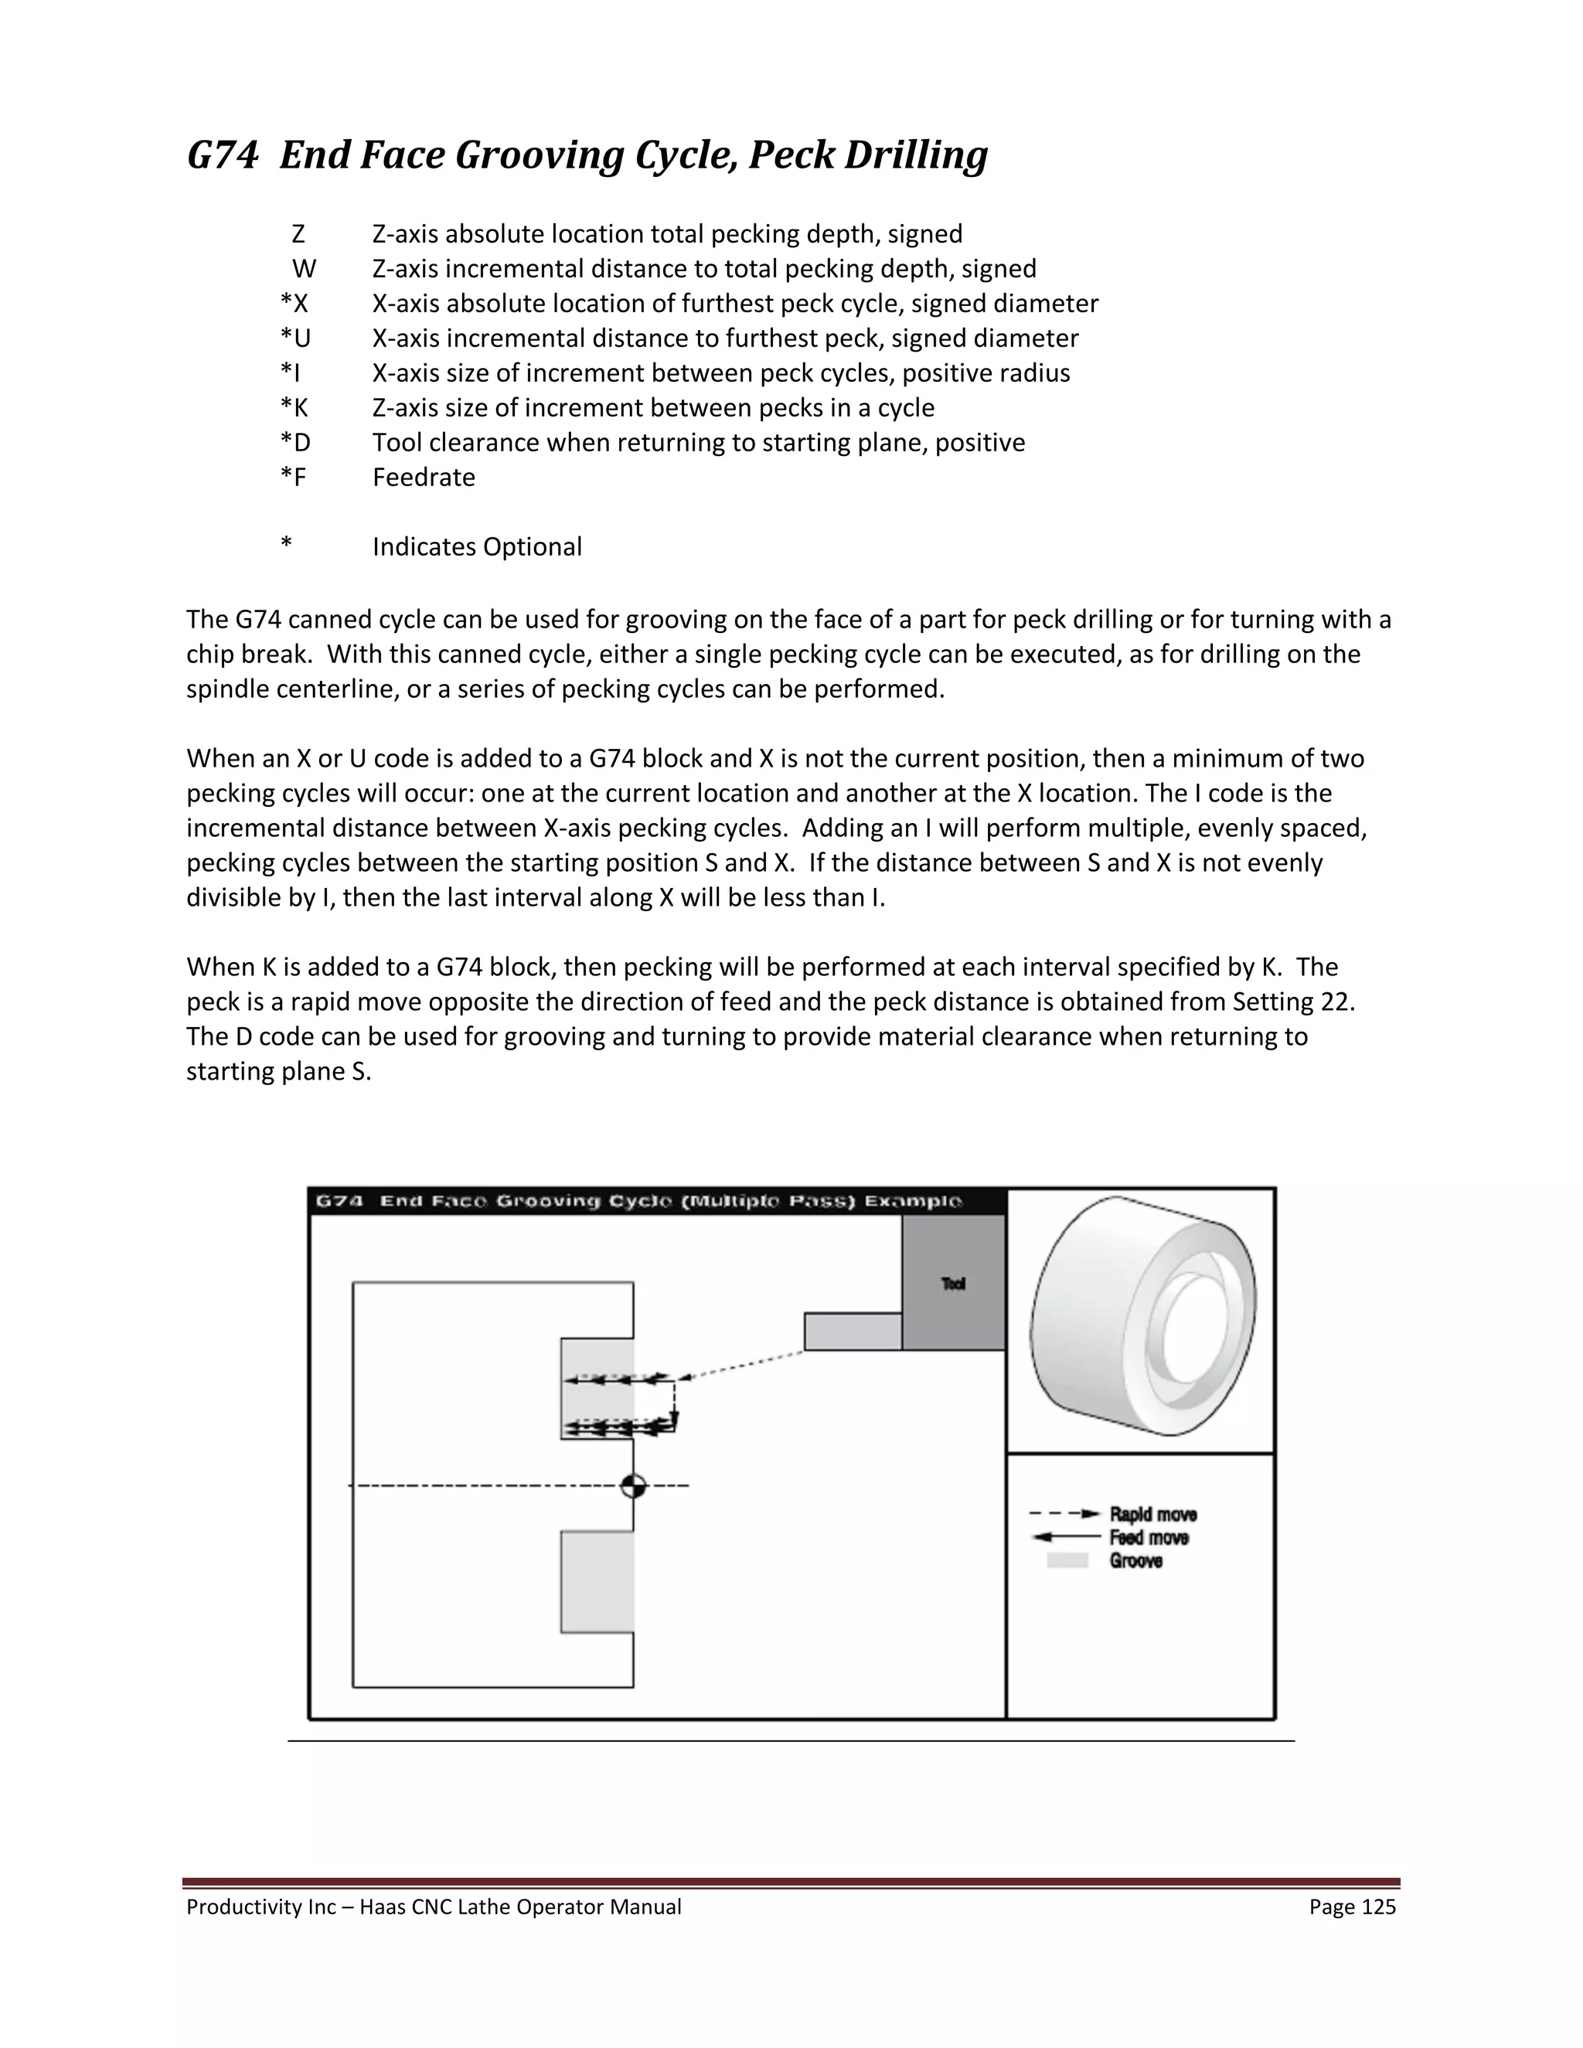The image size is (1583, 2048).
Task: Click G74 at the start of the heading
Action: tap(223, 155)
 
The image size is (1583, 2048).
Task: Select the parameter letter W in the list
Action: tap(304, 269)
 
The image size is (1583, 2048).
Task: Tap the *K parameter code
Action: tap(294, 408)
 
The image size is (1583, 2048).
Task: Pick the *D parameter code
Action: tap(295, 443)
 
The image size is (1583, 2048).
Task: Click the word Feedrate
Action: tap(424, 478)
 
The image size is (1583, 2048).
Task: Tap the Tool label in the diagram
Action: tap(953, 1284)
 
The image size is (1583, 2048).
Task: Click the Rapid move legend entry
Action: tap(1152, 1515)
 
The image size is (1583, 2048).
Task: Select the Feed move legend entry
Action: tap(1149, 1538)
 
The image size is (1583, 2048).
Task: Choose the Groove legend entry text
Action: tap(1135, 1561)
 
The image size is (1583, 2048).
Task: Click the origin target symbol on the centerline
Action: tap(634, 1485)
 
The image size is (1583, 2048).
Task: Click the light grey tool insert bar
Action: tap(853, 1331)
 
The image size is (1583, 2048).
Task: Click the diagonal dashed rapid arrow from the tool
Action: tap(740, 1364)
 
